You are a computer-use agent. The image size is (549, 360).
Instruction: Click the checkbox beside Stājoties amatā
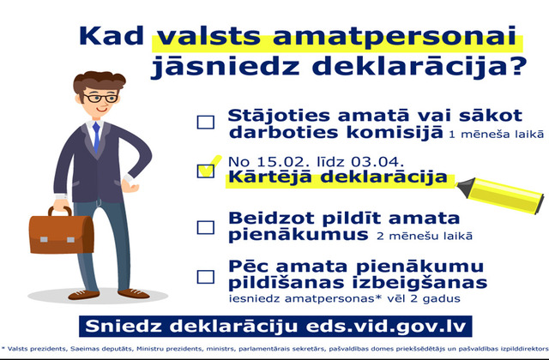pos(206,123)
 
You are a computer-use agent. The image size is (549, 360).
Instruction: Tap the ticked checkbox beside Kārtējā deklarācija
pos(206,171)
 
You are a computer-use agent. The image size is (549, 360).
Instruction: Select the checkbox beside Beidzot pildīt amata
pos(206,227)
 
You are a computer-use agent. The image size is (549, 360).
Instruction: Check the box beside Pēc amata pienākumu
pos(206,277)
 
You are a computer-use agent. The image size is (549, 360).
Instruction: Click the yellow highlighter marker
pos(501,195)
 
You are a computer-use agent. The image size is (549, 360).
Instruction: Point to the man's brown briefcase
pos(61,231)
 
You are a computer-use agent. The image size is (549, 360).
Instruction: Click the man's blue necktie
pos(96,137)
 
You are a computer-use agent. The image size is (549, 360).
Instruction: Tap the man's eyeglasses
pos(101,98)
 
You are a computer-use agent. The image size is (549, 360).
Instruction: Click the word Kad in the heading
pos(112,35)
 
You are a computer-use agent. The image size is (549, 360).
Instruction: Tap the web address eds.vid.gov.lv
pos(386,327)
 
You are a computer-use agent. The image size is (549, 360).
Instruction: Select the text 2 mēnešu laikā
pos(425,237)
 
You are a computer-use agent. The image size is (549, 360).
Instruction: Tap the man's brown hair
pos(99,81)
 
